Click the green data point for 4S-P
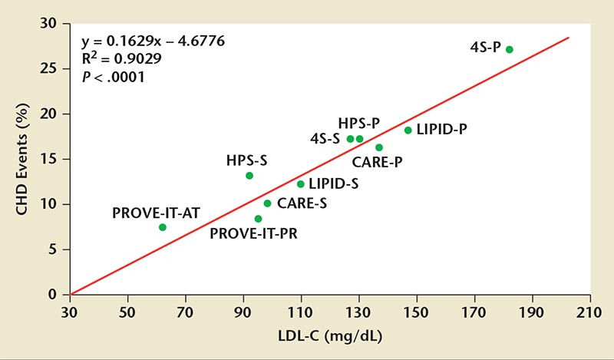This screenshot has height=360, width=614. (x=509, y=49)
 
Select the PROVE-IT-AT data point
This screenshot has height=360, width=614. (x=163, y=227)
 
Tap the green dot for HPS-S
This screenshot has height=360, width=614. (x=249, y=176)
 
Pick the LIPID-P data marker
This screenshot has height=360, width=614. (x=408, y=130)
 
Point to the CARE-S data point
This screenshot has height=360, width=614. (x=267, y=203)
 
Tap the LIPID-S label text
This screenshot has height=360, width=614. (x=334, y=184)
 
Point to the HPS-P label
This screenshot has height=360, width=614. (x=359, y=123)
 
